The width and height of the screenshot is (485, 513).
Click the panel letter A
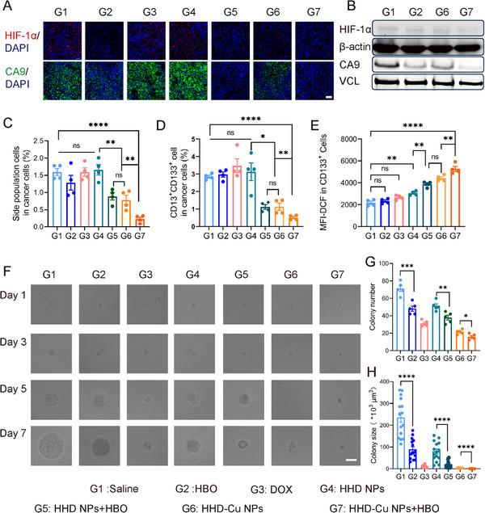tap(7, 7)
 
